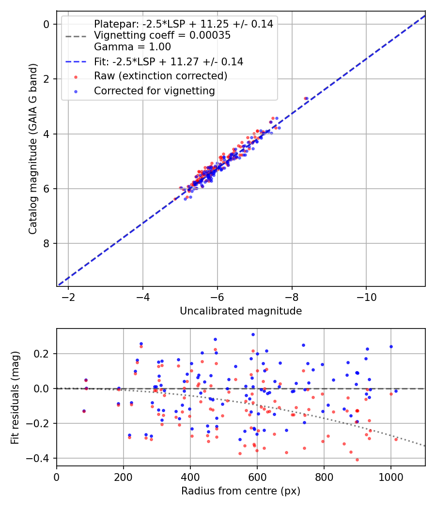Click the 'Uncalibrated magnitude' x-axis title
point(241,311)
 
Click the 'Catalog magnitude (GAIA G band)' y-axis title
point(33,148)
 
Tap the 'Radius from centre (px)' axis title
point(241,491)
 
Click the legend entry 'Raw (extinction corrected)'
point(160,76)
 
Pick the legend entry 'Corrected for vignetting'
point(155,90)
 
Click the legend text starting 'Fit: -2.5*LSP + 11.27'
point(169,61)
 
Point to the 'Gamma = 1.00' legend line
point(132,47)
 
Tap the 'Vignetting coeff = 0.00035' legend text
point(162,35)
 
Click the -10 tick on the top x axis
point(366,297)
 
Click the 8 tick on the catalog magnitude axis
point(47,243)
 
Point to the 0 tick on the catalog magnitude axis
point(47,24)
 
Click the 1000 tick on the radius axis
point(390,477)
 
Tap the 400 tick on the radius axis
point(190,477)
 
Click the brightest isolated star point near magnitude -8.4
point(305,98)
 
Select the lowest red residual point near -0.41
point(357,460)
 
